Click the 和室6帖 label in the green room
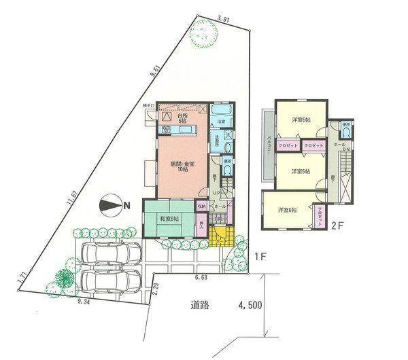169,219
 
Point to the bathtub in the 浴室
220,111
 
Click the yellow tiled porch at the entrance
220,238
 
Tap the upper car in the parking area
106,255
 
